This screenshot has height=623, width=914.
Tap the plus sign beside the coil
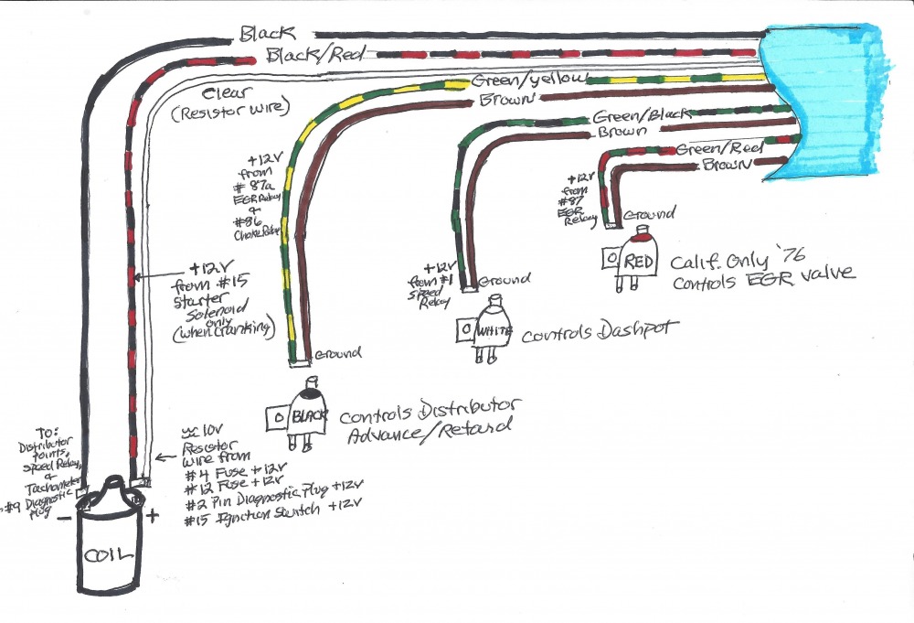click(153, 516)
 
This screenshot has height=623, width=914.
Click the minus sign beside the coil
click(65, 517)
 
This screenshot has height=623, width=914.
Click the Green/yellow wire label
click(525, 81)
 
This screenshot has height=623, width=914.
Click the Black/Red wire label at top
click(305, 57)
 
